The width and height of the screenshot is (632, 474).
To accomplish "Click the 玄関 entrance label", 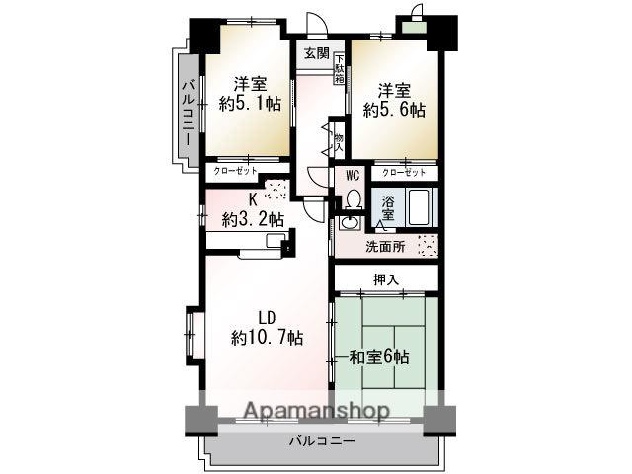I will pyautogui.click(x=316, y=52).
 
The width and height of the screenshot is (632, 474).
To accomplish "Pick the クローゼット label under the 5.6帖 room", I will pyautogui.click(x=405, y=172).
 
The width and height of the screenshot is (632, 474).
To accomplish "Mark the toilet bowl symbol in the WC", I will pyautogui.click(x=354, y=200).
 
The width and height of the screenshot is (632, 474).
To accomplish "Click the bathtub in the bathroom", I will pyautogui.click(x=419, y=207).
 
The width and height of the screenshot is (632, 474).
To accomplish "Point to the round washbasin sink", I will pyautogui.click(x=348, y=222).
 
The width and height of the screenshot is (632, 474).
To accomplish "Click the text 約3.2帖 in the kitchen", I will pyautogui.click(x=253, y=219).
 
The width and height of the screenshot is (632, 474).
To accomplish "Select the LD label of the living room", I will pyautogui.click(x=267, y=317).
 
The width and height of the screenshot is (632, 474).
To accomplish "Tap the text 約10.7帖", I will pyautogui.click(x=267, y=337).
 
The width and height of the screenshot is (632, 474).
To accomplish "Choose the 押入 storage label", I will pyautogui.click(x=386, y=279).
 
